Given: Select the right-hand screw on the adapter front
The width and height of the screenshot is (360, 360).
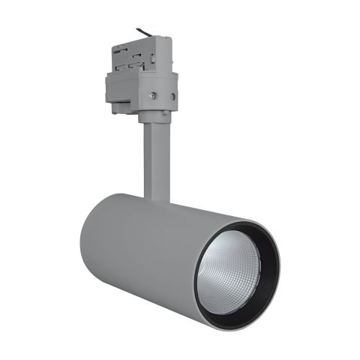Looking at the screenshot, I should coord(173,97).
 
